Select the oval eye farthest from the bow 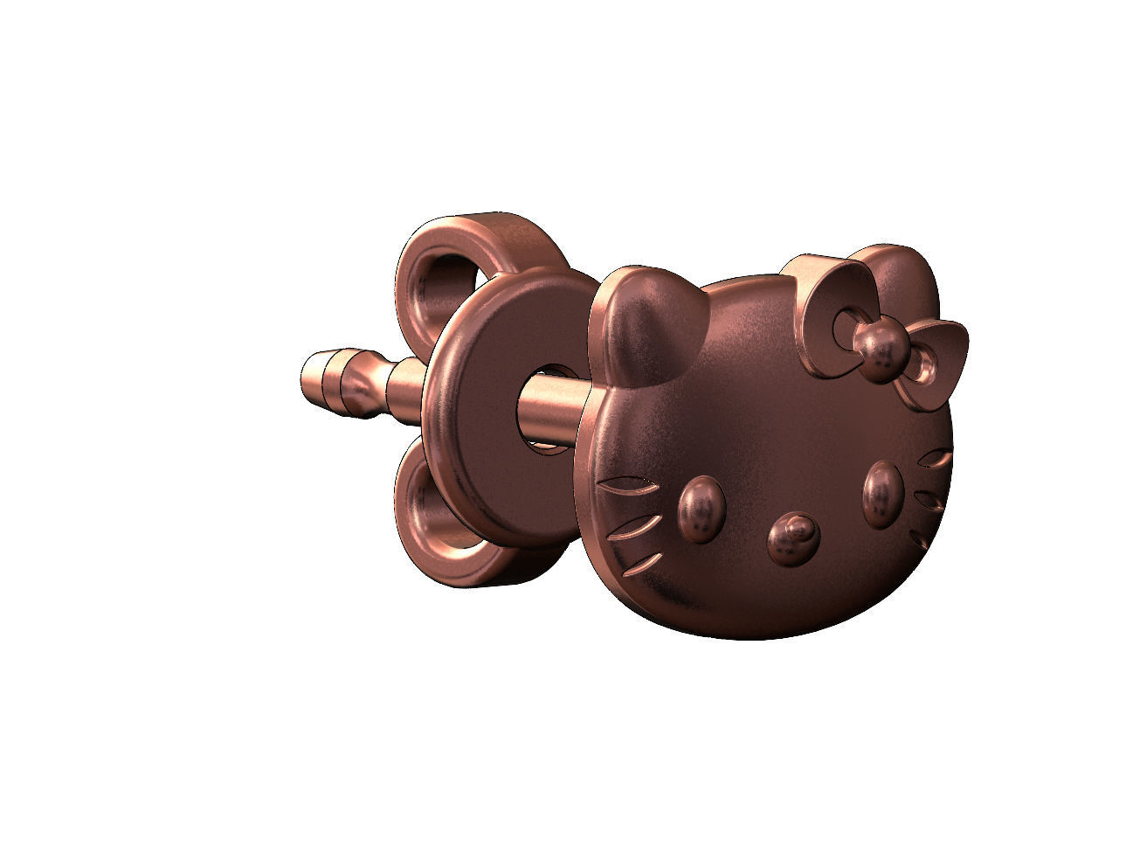point(701,510)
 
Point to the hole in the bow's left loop point(842,328)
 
